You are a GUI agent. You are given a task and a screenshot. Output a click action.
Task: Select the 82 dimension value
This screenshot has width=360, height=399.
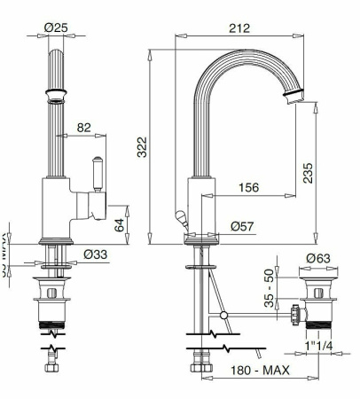82,127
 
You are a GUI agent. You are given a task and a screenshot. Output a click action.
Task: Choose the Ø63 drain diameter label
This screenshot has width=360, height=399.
317,260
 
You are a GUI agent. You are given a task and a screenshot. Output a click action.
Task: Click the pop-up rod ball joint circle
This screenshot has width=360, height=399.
223,315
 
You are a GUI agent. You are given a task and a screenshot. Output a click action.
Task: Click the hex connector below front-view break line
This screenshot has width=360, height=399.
51,366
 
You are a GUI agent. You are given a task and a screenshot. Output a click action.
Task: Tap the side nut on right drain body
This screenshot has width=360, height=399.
293,313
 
